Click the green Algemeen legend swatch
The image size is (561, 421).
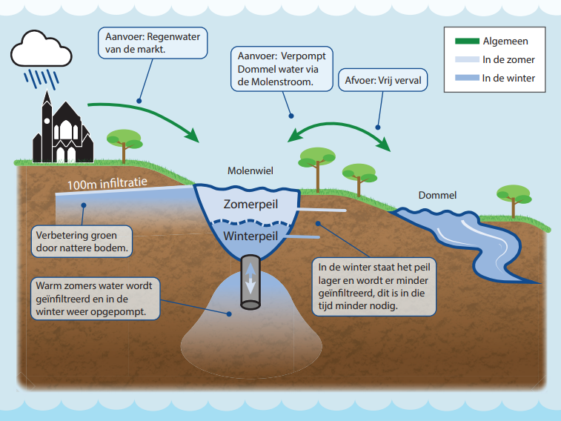pyautogui.click(x=465, y=42)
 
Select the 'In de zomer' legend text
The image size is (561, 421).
pyautogui.click(x=508, y=59)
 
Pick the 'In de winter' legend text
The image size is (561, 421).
pyautogui.click(x=508, y=78)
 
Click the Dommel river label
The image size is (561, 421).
pyautogui.click(x=437, y=196)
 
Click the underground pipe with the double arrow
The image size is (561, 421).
pyautogui.click(x=250, y=283)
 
